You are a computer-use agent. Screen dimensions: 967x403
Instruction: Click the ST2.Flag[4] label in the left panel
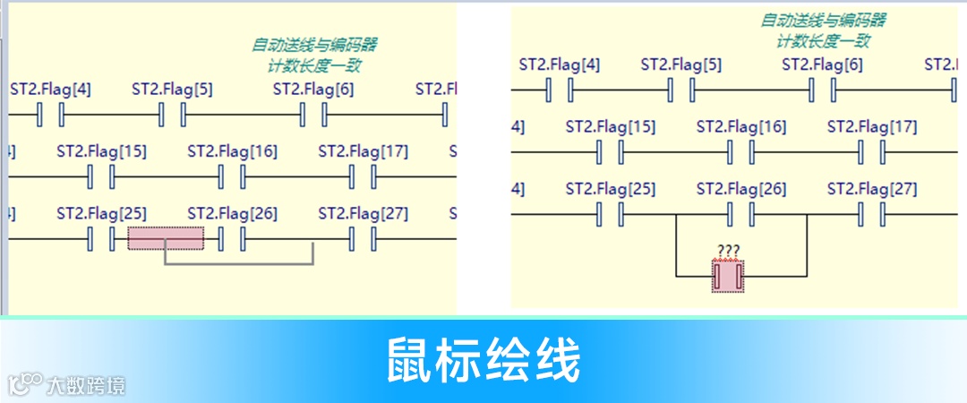tap(50, 90)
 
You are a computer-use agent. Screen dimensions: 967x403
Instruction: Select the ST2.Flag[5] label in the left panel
tap(172, 90)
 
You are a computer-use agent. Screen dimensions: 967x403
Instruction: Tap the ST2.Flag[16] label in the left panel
tap(232, 151)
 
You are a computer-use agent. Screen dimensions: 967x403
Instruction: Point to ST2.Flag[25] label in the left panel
tap(101, 214)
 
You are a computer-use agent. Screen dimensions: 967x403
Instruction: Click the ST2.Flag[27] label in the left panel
tap(363, 214)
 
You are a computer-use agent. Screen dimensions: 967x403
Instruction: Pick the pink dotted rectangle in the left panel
tap(166, 238)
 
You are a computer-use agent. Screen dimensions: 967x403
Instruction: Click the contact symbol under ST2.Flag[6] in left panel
tap(313, 116)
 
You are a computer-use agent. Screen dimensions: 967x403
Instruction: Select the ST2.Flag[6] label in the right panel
tap(822, 65)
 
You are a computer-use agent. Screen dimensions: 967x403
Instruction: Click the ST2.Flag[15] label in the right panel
tap(610, 127)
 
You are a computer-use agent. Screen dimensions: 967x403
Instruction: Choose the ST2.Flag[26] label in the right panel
tap(740, 190)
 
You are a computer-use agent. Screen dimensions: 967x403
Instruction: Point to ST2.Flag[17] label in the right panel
tap(871, 127)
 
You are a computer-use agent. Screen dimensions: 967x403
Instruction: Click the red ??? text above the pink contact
tap(728, 251)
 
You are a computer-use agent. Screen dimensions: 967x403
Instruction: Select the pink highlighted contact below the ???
tap(728, 276)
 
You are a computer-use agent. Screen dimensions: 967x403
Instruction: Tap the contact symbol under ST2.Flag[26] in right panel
tap(740, 215)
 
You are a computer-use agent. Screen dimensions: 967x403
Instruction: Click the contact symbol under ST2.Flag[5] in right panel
tap(681, 90)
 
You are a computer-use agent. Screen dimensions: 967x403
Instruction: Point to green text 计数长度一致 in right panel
tap(823, 40)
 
